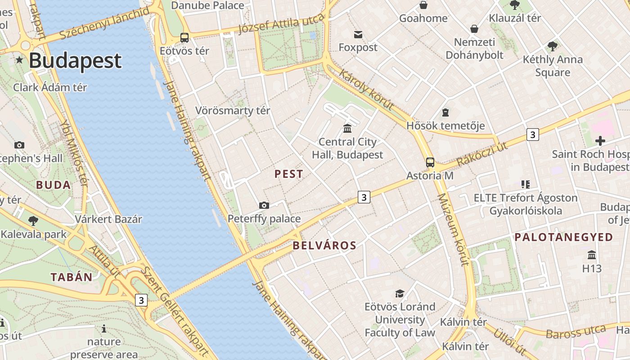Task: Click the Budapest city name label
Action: click(x=75, y=61)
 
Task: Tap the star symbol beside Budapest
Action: click(x=19, y=60)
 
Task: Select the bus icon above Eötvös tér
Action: click(x=184, y=38)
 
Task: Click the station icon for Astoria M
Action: click(x=430, y=162)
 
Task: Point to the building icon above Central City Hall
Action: click(x=347, y=129)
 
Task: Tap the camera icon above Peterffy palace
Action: click(x=264, y=206)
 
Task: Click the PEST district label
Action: click(x=289, y=174)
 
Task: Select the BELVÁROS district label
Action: click(x=324, y=246)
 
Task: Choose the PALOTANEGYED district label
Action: click(x=564, y=237)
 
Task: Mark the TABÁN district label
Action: click(x=72, y=277)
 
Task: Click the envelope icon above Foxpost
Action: click(x=358, y=35)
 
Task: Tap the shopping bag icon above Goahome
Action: click(x=423, y=5)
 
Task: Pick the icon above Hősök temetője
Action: click(x=445, y=112)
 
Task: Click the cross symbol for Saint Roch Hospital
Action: click(x=600, y=141)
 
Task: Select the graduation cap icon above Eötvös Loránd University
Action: click(x=400, y=294)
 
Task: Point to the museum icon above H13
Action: click(x=592, y=255)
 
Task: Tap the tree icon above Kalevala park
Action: click(x=33, y=220)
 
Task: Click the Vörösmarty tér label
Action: click(x=233, y=111)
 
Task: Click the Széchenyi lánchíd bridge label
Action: click(x=104, y=23)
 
